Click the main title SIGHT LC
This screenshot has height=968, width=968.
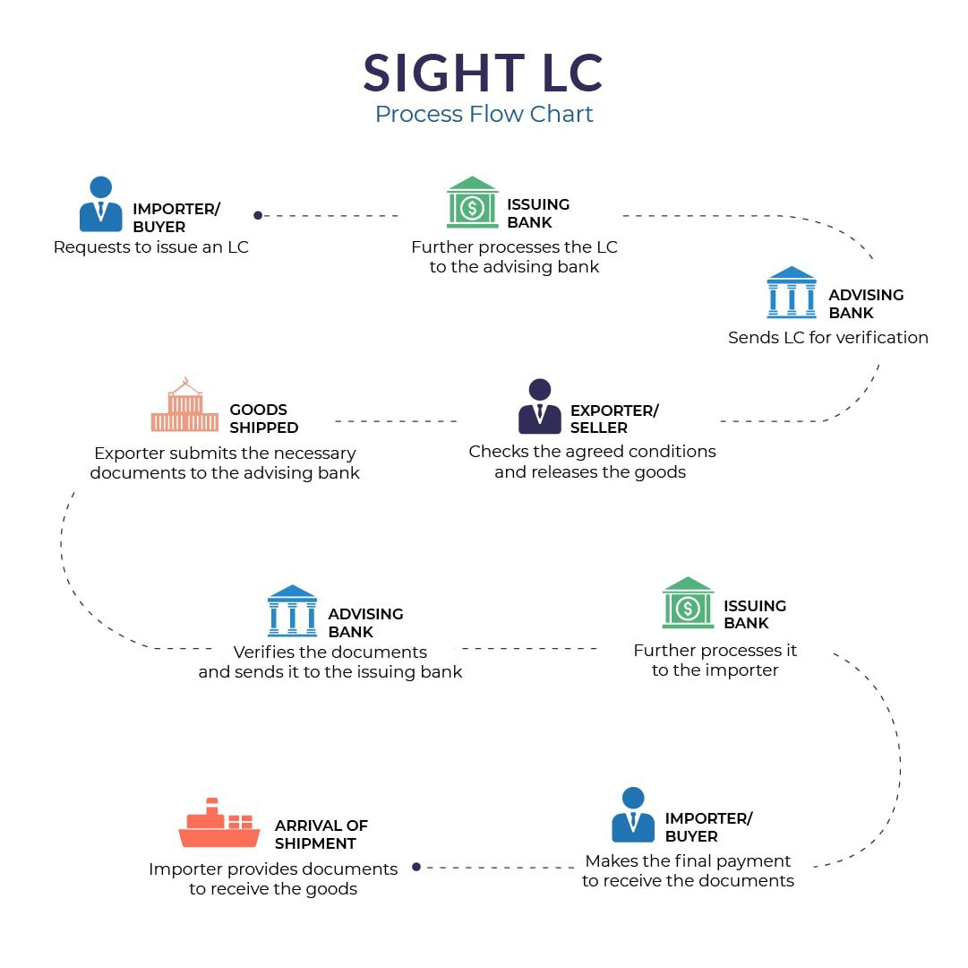tap(484, 73)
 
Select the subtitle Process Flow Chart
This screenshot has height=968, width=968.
tap(484, 115)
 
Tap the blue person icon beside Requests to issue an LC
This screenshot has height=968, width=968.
tap(101, 204)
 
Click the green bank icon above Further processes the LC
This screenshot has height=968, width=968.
tap(472, 203)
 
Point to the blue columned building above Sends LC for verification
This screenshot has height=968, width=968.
tap(792, 293)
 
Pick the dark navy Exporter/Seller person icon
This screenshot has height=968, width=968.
tap(539, 407)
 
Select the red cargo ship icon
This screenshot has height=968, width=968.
tap(218, 824)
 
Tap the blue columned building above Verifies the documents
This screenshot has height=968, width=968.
tap(292, 611)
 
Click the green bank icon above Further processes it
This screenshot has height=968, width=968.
tap(688, 602)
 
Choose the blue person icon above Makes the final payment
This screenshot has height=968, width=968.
tap(633, 815)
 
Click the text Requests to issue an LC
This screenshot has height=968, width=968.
tap(151, 247)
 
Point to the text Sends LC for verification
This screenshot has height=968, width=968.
tap(827, 338)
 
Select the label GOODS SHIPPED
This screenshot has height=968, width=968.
tap(263, 419)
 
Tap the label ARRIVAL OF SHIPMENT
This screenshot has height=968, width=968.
tap(321, 834)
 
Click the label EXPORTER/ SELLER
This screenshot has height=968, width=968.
tap(613, 419)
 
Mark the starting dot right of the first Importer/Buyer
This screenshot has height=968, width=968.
tap(258, 215)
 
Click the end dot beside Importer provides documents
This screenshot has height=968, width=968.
tap(416, 867)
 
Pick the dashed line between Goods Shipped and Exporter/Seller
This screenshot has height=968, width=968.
tap(396, 420)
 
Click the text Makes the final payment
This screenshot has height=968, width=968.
tap(688, 861)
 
